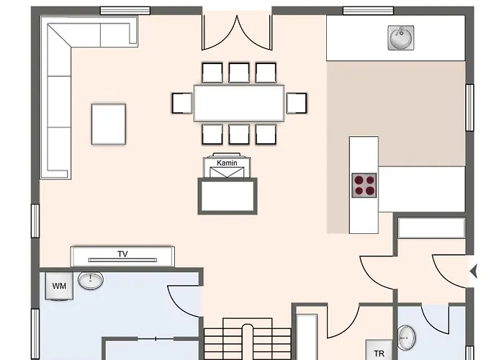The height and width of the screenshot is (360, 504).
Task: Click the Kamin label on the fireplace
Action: pos(227,163)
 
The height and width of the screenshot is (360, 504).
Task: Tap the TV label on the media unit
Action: pos(122,254)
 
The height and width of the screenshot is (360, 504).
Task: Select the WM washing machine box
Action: pos(59,286)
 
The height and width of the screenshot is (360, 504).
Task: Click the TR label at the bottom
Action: pos(379,353)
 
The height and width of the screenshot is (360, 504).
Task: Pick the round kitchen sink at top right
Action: pos(400,37)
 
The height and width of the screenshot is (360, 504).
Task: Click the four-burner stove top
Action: pos(365,185)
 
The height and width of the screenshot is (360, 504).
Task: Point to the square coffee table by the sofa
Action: pos(109,124)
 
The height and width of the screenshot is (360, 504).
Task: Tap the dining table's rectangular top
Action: pos(239,103)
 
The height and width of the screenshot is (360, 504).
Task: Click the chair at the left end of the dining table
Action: pos(183,104)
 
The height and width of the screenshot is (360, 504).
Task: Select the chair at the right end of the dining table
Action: pos(296,104)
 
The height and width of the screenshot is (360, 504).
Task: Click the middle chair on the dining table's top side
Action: pos(239,73)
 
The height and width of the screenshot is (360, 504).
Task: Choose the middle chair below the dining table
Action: pos(239,134)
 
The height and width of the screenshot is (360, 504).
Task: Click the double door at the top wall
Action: pos(237,29)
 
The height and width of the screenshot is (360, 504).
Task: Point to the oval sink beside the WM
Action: pos(91,280)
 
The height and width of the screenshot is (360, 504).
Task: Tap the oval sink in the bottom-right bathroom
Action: pos(407,336)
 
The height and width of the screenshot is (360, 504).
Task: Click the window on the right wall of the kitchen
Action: pos(469,108)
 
